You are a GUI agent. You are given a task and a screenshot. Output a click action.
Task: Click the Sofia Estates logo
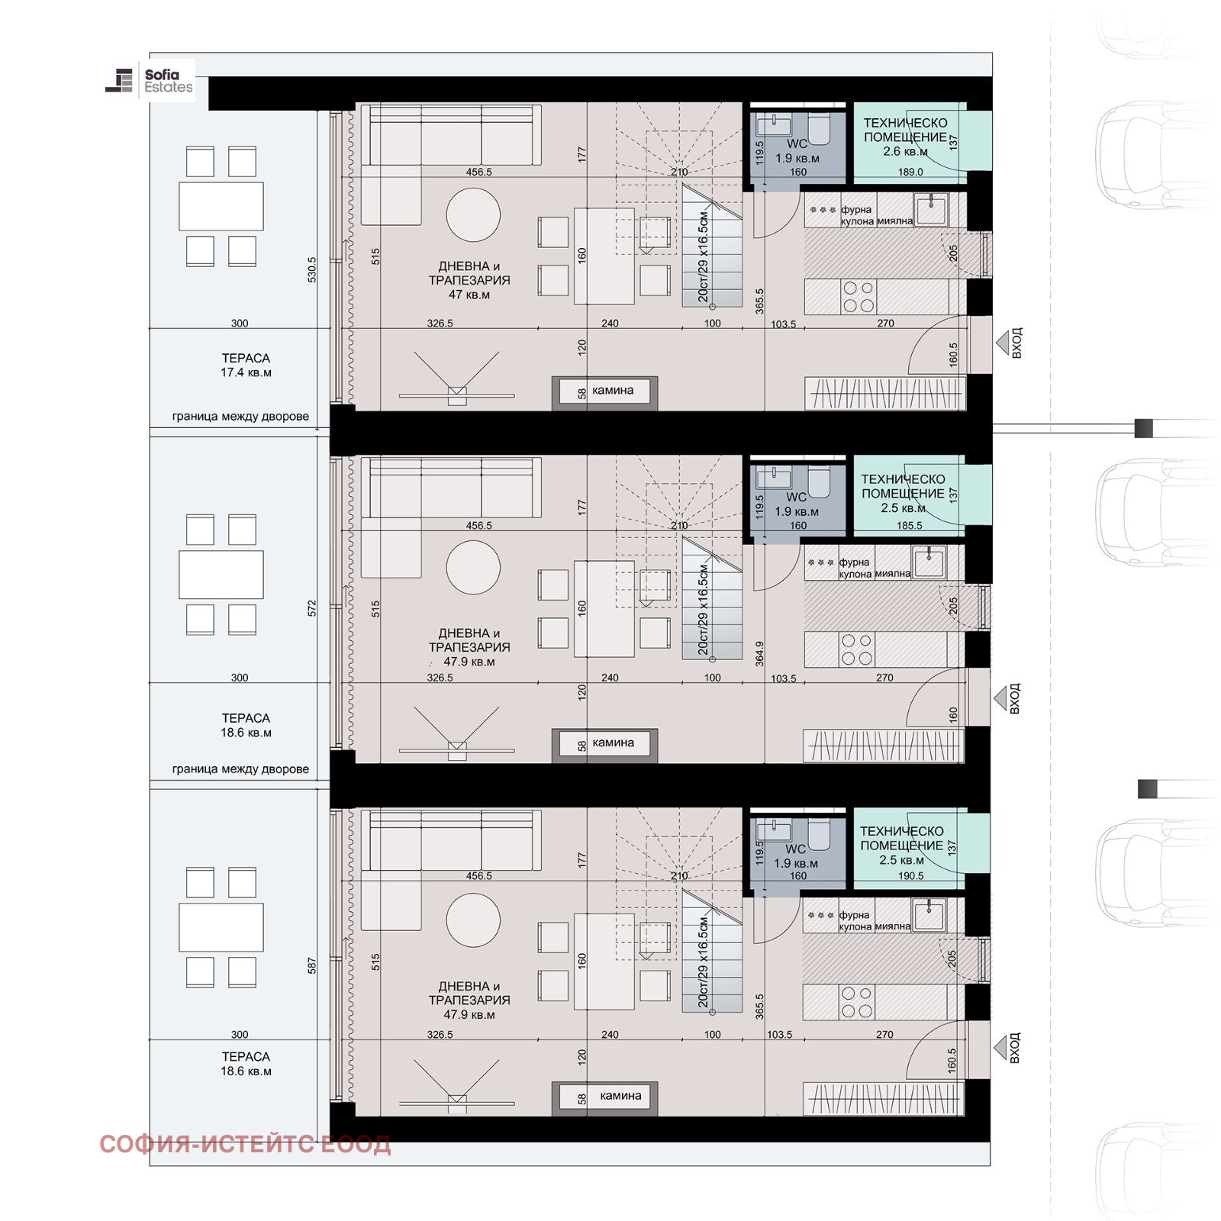click(x=150, y=81)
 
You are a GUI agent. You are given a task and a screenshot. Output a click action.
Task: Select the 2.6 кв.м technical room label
click(x=905, y=151)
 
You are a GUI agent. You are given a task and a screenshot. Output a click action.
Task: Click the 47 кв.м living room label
click(x=469, y=295)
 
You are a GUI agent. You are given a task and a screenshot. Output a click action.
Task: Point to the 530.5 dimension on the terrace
click(x=311, y=270)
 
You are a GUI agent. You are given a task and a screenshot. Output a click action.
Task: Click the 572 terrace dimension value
click(x=311, y=608)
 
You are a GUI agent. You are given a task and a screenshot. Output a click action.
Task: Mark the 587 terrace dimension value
click(x=311, y=966)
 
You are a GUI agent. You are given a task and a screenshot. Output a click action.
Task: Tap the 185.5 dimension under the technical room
click(x=909, y=526)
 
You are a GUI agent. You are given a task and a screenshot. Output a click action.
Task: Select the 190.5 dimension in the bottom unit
click(x=910, y=876)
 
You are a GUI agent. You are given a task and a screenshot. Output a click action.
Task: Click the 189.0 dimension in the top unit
click(x=910, y=172)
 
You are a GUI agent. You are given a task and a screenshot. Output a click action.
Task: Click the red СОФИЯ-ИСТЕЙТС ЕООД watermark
click(x=245, y=1144)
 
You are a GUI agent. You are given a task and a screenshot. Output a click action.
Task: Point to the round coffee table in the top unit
click(x=473, y=214)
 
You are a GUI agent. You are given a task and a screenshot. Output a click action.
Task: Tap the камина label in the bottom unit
click(x=620, y=1096)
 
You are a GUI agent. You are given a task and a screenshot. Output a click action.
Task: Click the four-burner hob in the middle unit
click(x=857, y=649)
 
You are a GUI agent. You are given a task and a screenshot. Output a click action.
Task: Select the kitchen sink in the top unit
click(x=931, y=208)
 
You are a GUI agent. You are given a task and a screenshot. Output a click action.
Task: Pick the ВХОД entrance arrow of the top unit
click(x=1003, y=343)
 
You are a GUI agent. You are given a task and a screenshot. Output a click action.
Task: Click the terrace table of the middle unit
click(x=221, y=575)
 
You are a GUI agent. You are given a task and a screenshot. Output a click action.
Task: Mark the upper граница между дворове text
click(x=240, y=417)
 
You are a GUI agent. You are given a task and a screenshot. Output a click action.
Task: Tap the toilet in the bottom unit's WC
click(x=819, y=835)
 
